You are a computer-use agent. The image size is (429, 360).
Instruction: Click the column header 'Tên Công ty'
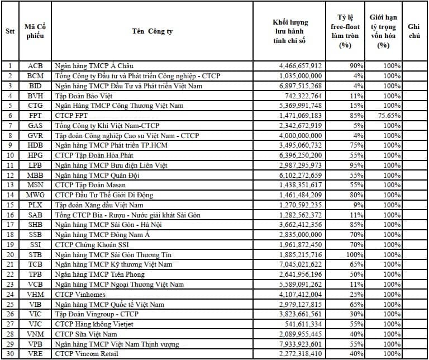152,31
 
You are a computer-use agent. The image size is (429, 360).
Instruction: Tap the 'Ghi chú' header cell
414,31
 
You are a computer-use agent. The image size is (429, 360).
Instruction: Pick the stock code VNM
35,334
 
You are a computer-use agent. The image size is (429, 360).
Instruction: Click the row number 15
10,205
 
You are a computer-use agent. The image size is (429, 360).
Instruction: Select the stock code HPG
35,155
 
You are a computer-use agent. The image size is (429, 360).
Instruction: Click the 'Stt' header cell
10,31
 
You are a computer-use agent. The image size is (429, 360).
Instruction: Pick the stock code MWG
35,195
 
